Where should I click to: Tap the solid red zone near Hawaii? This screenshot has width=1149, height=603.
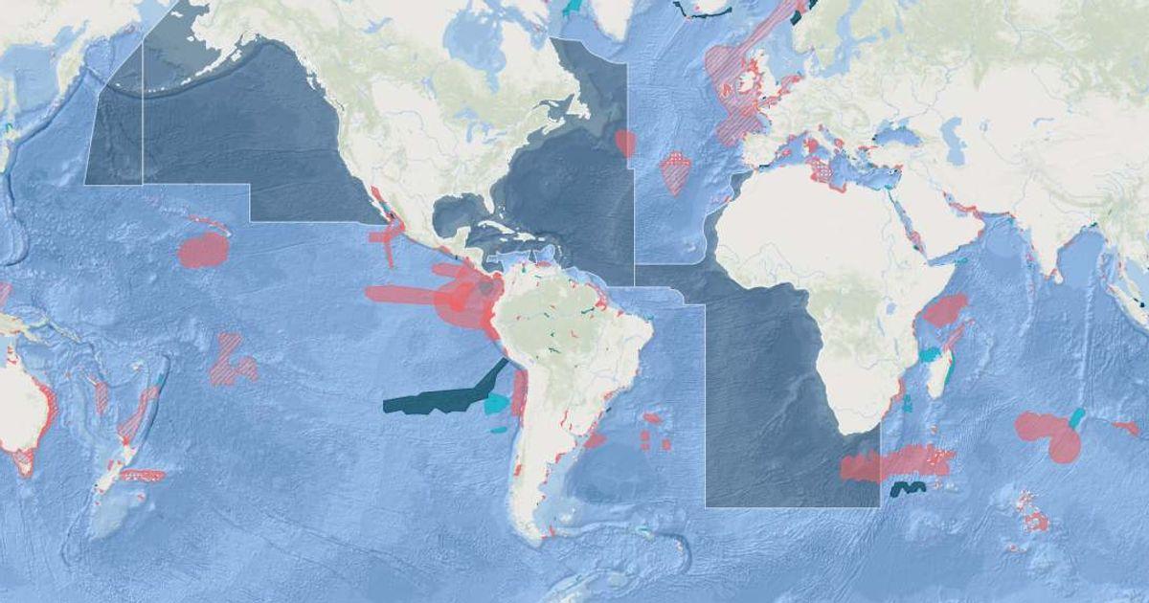[203, 250]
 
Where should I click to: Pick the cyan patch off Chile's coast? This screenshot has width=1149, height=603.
[497, 403]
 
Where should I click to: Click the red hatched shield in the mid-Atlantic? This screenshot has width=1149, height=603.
[675, 172]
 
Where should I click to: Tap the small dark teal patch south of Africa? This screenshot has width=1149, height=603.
[906, 489]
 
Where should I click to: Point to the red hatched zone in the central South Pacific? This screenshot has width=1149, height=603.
[231, 361]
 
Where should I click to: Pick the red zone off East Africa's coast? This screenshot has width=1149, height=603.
[945, 310]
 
